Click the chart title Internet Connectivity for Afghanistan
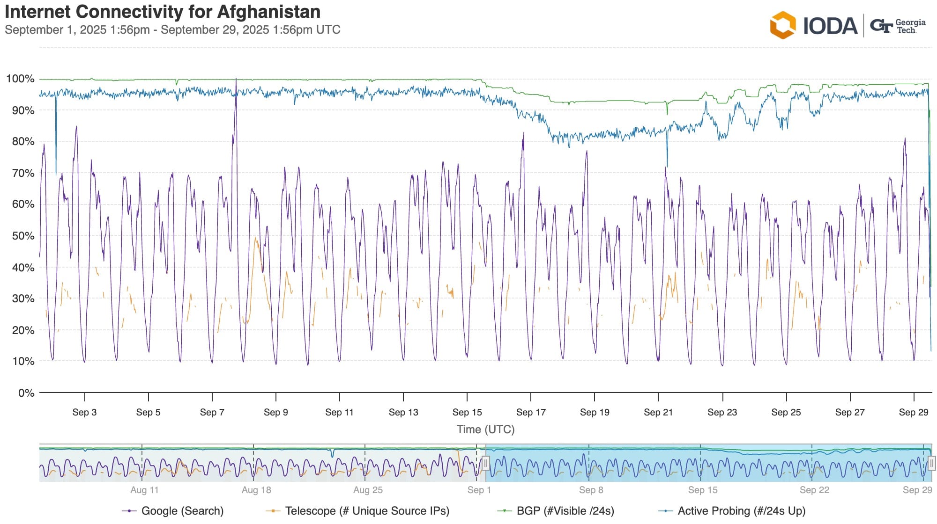[x=163, y=12]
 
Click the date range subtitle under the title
[x=172, y=30]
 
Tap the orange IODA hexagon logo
[x=782, y=25]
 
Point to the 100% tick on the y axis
[x=20, y=79]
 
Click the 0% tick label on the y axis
[x=26, y=393]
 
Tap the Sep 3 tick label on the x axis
[x=84, y=412]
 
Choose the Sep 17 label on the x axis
[x=531, y=412]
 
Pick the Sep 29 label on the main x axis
[x=914, y=412]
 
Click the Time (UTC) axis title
[x=485, y=429]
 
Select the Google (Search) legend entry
[x=182, y=511]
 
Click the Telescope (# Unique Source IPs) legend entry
[x=367, y=511]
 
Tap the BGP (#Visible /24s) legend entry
[x=565, y=511]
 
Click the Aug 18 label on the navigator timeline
[x=256, y=490]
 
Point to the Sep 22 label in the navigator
[x=814, y=490]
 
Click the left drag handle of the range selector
[x=486, y=463]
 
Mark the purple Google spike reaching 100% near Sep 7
[x=236, y=80]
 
